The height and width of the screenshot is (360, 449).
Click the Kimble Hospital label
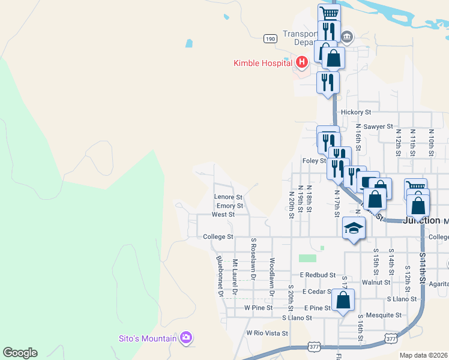click(x=262, y=62)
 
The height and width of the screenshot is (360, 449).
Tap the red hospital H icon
click(x=302, y=62)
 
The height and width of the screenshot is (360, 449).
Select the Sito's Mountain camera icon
click(x=186, y=338)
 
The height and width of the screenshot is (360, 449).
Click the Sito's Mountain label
click(x=147, y=338)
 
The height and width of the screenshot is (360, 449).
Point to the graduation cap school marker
click(x=354, y=229)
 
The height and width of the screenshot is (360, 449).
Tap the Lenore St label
click(x=228, y=197)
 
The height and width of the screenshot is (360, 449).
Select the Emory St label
click(x=229, y=206)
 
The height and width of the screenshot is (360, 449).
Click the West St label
click(x=223, y=214)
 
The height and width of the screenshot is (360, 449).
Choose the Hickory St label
click(x=356, y=112)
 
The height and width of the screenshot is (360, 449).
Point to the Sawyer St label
click(x=378, y=127)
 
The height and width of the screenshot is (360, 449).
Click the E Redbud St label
click(x=318, y=275)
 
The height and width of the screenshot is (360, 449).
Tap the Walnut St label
click(x=376, y=282)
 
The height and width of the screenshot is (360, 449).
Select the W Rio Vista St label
click(x=267, y=333)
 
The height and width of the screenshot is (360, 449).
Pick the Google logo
click(x=20, y=353)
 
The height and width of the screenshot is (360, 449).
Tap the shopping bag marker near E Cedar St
click(x=343, y=301)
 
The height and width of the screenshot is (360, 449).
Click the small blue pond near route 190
click(x=189, y=43)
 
